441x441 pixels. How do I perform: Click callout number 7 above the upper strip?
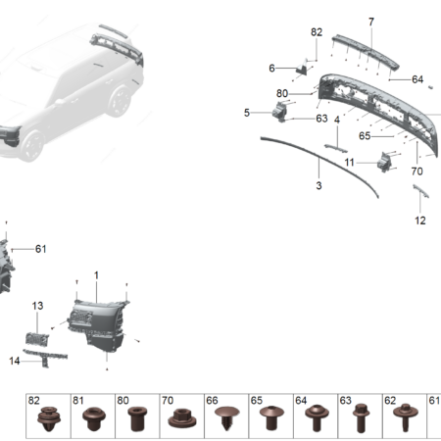tap(371, 22)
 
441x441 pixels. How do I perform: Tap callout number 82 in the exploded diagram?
tap(317, 32)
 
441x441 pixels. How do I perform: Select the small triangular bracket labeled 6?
tap(302, 68)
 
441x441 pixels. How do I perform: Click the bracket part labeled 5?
tap(280, 112)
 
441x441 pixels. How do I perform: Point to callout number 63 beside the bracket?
tap(321, 119)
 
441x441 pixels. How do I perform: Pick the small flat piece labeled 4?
tap(336, 148)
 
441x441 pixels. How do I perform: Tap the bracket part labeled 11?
tap(384, 162)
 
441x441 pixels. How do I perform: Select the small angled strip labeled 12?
tap(420, 191)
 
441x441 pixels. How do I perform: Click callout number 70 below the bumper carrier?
tap(416, 171)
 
